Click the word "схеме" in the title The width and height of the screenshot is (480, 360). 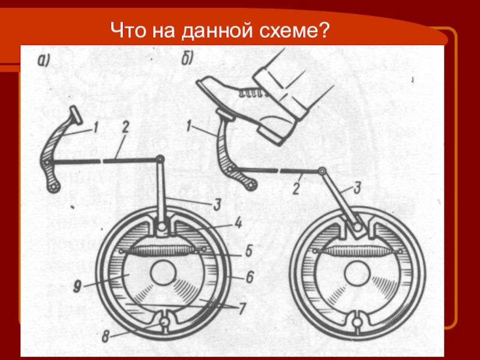[294, 31]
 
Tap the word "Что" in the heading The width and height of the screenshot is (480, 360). [128, 30]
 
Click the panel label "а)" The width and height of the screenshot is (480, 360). [43, 61]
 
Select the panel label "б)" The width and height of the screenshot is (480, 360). [187, 58]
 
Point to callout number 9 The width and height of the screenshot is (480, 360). [77, 287]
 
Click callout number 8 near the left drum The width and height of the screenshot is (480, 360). [106, 337]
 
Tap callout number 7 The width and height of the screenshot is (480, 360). [242, 308]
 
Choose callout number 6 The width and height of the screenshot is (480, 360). [250, 277]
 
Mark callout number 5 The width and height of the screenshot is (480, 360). [248, 251]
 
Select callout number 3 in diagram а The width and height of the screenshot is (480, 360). [217, 205]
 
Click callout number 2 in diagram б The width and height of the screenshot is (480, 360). [296, 189]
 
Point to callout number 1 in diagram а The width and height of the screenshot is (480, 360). [95, 127]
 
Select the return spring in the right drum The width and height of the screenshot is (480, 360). [357, 251]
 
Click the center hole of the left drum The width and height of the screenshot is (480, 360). [163, 272]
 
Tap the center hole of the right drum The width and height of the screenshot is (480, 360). [357, 273]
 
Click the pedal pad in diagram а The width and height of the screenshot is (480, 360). [76, 115]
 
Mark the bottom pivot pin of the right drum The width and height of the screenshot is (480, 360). [356, 323]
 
